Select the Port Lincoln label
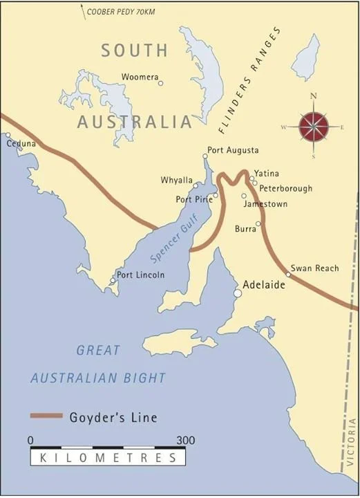[141, 275]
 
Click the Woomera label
[138, 76]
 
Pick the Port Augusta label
[233, 150]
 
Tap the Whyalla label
[176, 180]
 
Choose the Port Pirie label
[193, 199]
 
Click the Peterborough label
[285, 188]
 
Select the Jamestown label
[265, 205]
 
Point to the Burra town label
[245, 228]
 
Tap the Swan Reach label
[314, 268]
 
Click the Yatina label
[267, 173]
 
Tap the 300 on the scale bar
[185, 440]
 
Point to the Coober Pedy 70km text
[120, 12]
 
